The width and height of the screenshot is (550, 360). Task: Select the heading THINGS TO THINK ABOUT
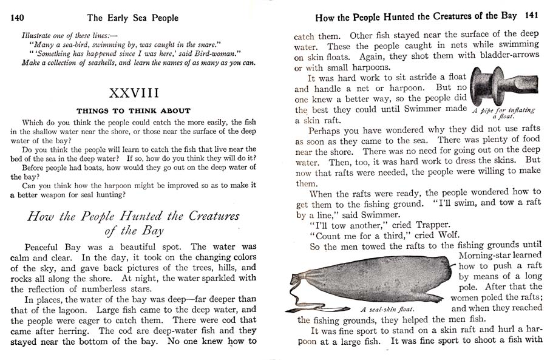(x=133, y=110)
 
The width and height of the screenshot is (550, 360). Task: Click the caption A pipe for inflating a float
(x=503, y=113)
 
